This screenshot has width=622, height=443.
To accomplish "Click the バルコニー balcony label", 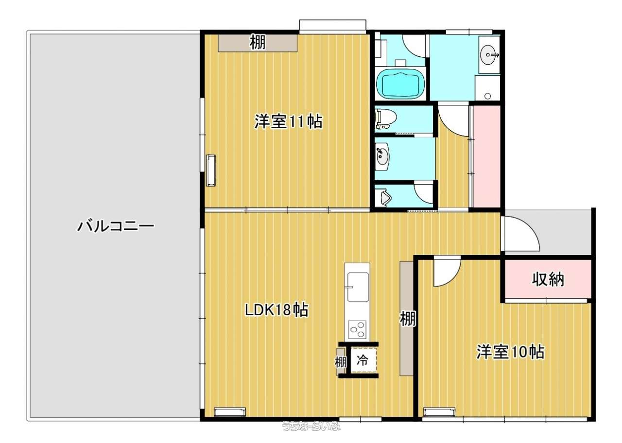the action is click(x=116, y=226).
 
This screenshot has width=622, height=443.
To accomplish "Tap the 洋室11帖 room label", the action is click(x=289, y=121).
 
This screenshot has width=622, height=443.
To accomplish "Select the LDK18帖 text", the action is click(x=276, y=310).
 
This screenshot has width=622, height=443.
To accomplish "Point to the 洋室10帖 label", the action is click(x=510, y=352).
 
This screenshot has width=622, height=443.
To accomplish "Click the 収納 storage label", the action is click(x=548, y=279).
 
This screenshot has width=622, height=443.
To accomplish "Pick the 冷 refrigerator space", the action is click(x=362, y=360).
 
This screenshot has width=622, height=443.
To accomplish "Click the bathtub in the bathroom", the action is click(x=400, y=83).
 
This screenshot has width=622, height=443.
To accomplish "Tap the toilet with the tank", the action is click(x=385, y=119).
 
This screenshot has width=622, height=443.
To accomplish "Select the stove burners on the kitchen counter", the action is click(x=357, y=330).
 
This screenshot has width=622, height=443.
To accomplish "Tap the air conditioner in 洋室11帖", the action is click(x=211, y=170).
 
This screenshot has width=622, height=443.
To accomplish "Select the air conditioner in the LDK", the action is click(x=230, y=411).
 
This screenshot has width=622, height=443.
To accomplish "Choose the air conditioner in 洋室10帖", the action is click(x=440, y=411).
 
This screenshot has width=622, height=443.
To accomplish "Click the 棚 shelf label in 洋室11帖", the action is click(x=258, y=42).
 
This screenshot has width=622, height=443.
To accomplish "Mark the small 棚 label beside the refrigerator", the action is click(x=341, y=362).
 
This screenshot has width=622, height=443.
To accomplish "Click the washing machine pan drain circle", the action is click(x=487, y=96).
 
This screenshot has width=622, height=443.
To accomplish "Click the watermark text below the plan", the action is click(x=311, y=434).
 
